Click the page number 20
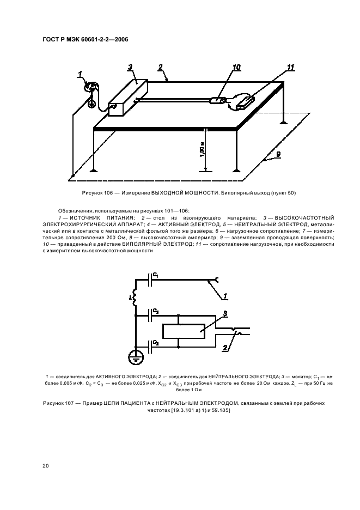(x=45, y=465)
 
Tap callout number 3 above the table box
(x=130, y=67)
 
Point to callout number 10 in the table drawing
(x=236, y=68)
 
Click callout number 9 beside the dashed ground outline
(x=278, y=155)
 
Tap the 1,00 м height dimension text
(x=202, y=149)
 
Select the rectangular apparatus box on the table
(x=129, y=98)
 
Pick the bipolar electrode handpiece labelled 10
(x=219, y=100)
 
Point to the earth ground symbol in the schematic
(x=134, y=358)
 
